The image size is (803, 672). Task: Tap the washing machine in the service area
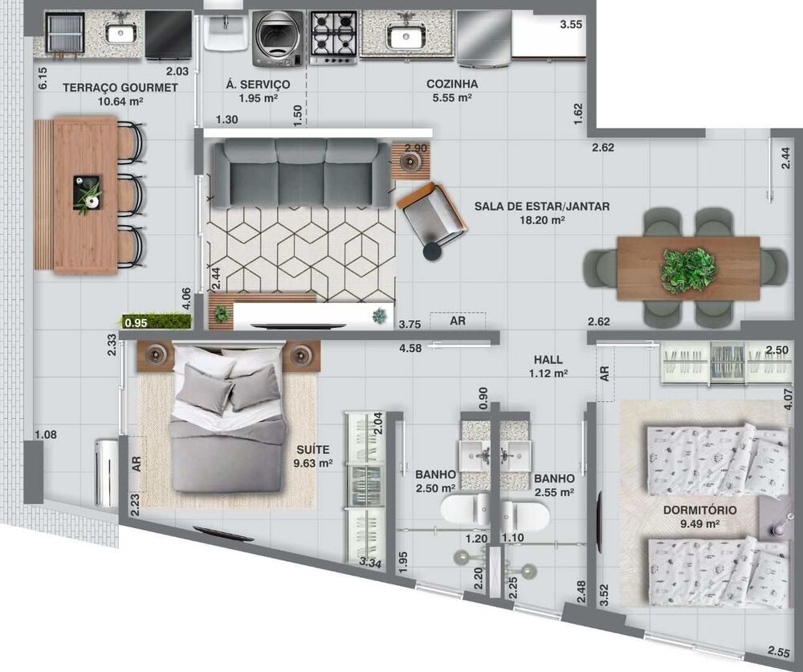279,38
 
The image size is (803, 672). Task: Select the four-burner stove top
333,37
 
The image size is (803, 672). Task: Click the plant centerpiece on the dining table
688,268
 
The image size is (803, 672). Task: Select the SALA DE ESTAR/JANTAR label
541,207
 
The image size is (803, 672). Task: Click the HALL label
548,360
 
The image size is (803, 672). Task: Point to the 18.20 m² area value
542,219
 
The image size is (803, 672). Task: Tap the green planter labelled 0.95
157,322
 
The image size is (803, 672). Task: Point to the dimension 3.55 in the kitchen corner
571,25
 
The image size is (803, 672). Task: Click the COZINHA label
452,84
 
